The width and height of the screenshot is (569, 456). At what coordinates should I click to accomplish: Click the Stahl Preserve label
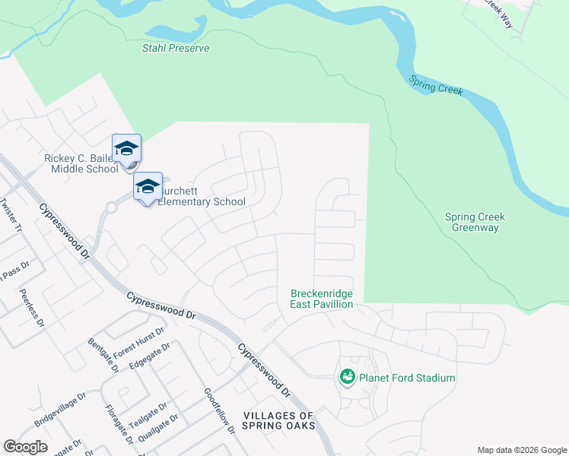coord(176,48)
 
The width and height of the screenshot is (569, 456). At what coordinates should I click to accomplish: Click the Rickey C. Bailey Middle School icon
coord(126,147)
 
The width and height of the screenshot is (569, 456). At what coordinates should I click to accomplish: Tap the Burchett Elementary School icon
coord(148,185)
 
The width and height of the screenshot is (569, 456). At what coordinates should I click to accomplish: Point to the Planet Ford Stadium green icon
coord(348,377)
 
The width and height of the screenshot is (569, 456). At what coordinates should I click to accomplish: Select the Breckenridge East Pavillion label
coord(322,299)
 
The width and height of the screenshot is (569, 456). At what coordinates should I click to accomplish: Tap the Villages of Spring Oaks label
coord(278,420)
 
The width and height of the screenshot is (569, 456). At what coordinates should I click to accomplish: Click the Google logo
coord(25,447)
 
